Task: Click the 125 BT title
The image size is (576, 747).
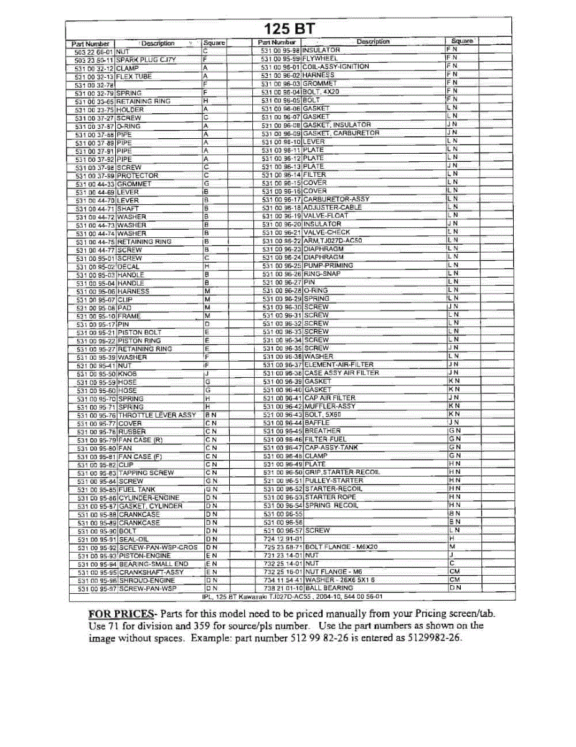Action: [290, 28]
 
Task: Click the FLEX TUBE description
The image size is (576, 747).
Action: [135, 77]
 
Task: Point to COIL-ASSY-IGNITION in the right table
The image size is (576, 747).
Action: [336, 67]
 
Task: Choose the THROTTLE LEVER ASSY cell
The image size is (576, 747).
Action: [157, 415]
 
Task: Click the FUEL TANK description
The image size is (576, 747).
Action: [136, 489]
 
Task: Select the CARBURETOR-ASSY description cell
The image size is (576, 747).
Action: [336, 199]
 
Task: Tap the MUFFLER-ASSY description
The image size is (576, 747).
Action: [330, 406]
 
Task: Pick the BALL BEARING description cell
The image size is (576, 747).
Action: [329, 588]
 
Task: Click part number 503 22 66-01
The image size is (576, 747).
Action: [93, 52]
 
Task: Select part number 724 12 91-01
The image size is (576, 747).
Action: [282, 538]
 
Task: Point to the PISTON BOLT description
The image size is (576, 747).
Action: [139, 332]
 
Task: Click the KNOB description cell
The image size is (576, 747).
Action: [128, 374]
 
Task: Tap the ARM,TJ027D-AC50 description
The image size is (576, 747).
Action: [333, 240]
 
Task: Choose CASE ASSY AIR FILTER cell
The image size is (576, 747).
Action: [342, 373]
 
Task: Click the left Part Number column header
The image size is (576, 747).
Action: [91, 44]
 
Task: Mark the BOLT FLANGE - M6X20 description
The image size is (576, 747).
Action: [341, 547]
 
